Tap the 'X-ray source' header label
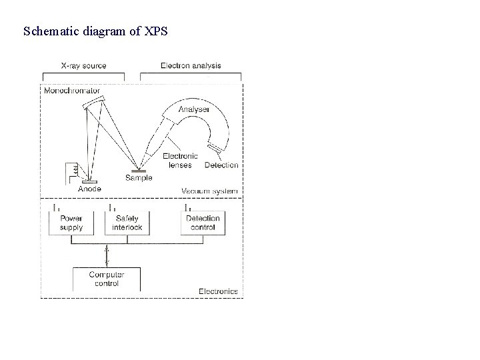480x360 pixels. [83, 66]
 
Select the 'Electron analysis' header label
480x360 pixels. [191, 66]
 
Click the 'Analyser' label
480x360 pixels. [194, 109]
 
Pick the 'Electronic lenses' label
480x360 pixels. [181, 161]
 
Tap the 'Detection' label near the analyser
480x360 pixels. [221, 165]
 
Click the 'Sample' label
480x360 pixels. [139, 178]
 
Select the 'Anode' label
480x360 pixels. [90, 189]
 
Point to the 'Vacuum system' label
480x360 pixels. [209, 191]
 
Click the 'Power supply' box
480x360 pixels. [71, 223]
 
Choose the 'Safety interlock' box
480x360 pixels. [127, 223]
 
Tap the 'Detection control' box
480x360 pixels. [203, 223]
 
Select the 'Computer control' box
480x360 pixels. [107, 279]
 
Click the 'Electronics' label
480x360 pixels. [218, 291]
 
